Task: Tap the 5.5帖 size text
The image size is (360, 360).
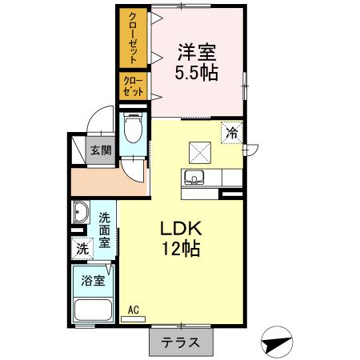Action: [197, 72]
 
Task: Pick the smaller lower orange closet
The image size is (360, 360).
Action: [134, 86]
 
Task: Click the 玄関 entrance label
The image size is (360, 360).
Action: [99, 150]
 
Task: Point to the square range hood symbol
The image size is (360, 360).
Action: [199, 151]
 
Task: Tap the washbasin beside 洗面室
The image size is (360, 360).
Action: [81, 214]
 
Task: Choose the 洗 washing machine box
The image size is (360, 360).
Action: [82, 249]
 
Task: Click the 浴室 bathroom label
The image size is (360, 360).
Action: [93, 280]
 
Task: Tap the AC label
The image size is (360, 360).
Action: [134, 309]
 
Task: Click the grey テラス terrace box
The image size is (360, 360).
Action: [181, 342]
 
